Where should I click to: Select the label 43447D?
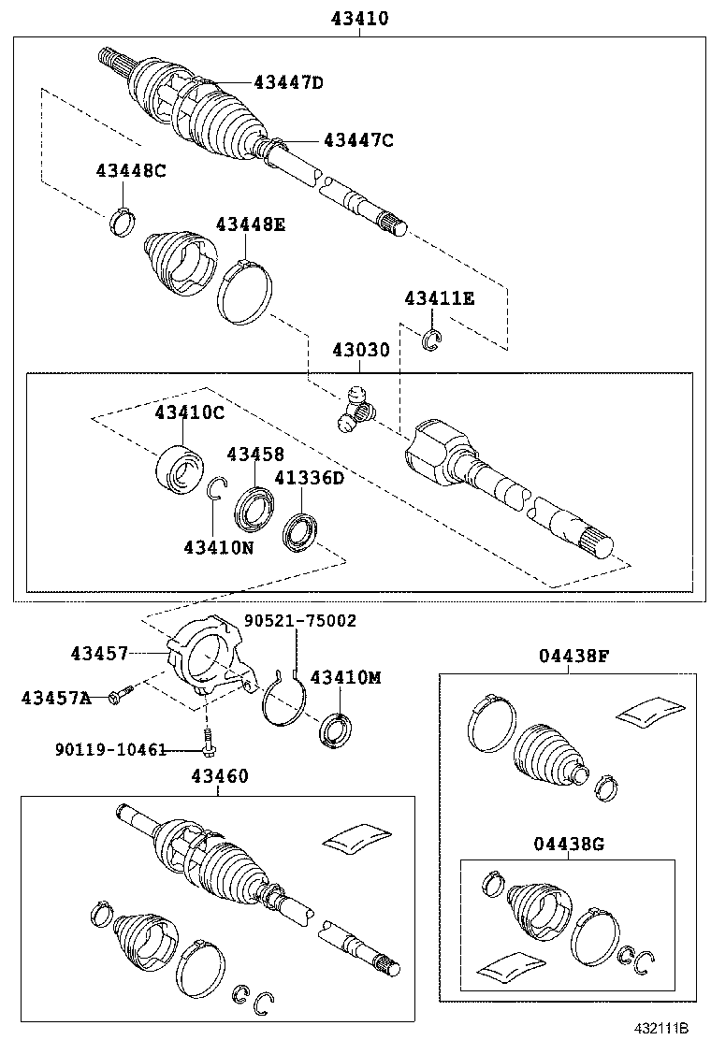click(288, 83)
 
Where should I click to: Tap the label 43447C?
click(358, 140)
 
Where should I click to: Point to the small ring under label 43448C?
click(121, 223)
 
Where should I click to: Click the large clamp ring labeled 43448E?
click(244, 292)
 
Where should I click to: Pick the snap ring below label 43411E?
click(430, 341)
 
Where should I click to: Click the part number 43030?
click(360, 350)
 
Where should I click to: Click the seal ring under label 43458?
click(254, 506)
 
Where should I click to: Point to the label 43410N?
click(219, 546)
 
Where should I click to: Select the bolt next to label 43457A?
click(121, 693)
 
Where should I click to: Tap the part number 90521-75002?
click(300, 620)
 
